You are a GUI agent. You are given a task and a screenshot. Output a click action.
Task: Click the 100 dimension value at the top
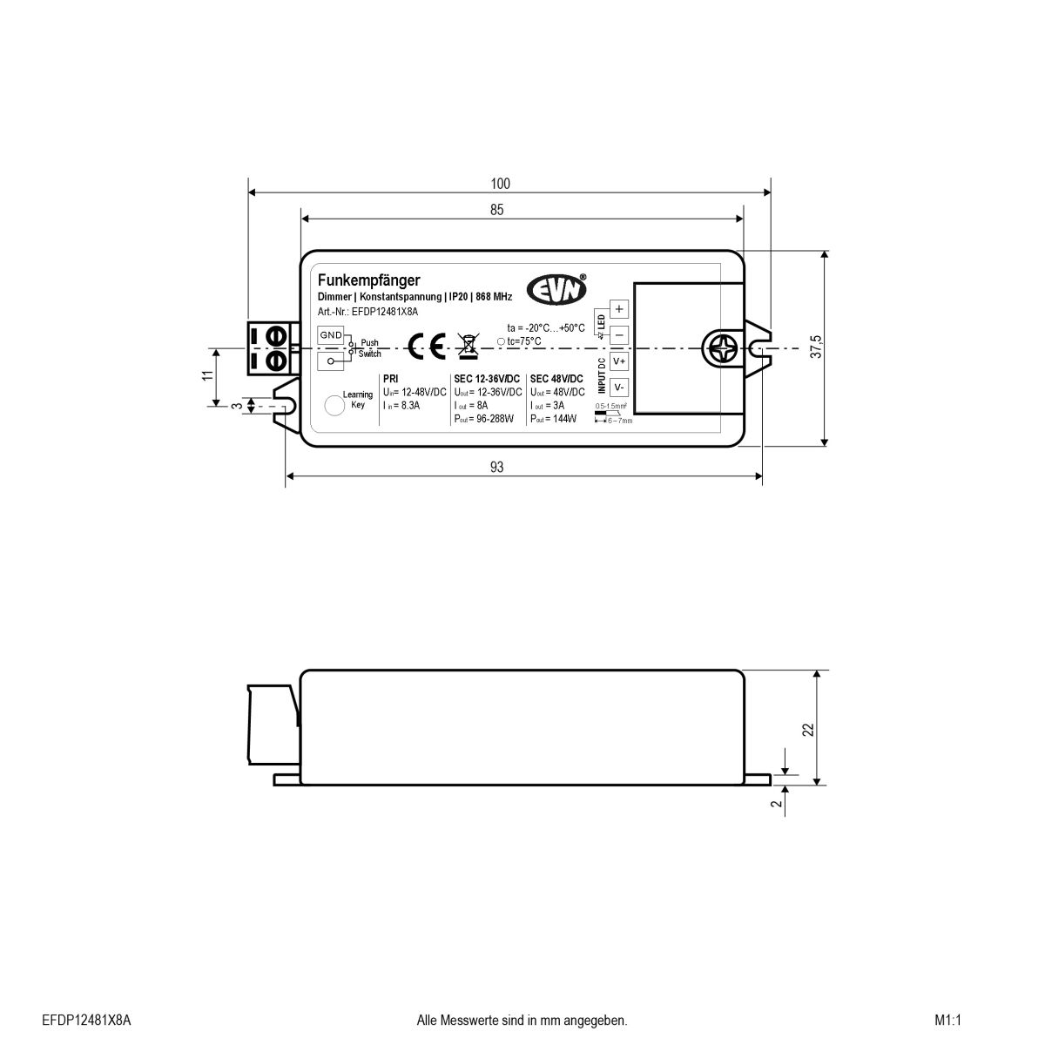[x=500, y=184]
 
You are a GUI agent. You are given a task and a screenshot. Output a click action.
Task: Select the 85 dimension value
[x=496, y=210]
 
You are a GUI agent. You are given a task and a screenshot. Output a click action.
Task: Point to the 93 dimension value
[x=496, y=468]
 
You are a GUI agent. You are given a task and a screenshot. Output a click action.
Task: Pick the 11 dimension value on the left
[x=207, y=376]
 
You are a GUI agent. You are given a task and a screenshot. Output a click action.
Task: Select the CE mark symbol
[x=427, y=347]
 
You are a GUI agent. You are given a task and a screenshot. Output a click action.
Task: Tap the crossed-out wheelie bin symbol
[x=468, y=346]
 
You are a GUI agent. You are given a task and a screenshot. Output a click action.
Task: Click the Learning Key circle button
[x=334, y=405]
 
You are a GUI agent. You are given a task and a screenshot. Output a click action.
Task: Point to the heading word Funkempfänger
[x=369, y=280]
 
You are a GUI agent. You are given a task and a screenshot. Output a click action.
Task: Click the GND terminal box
[x=331, y=335]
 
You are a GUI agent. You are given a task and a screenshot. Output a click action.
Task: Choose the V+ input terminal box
[x=619, y=361]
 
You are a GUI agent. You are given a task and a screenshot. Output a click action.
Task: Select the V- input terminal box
[x=619, y=388]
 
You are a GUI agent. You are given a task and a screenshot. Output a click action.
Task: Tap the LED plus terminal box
[x=619, y=309]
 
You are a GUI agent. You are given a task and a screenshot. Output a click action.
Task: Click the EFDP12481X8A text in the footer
[x=86, y=1020]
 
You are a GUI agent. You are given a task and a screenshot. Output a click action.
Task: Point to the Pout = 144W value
[x=554, y=419]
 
